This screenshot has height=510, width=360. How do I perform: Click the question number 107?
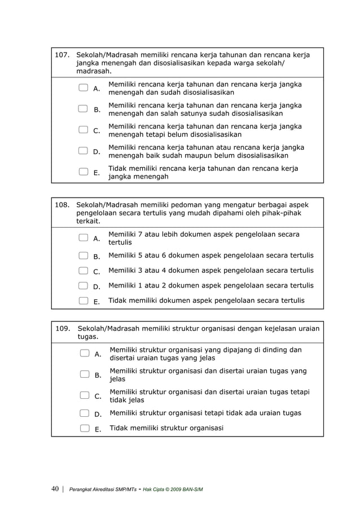(x=62, y=55)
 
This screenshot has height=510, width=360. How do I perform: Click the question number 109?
(x=62, y=328)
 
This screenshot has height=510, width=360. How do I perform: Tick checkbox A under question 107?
(x=84, y=88)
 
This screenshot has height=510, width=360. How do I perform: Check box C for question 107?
(x=84, y=130)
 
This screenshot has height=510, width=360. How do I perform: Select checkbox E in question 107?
(x=84, y=172)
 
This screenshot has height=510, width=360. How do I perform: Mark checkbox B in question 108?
(x=84, y=256)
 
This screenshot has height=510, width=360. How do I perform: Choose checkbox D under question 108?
(x=84, y=286)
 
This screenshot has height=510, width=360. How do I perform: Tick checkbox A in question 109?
(x=85, y=354)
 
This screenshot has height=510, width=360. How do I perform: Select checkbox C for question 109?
(x=85, y=395)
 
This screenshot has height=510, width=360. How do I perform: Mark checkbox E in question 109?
(x=85, y=428)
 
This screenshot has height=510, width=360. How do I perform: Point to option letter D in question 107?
(x=96, y=151)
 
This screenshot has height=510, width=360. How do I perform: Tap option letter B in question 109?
(x=98, y=375)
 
